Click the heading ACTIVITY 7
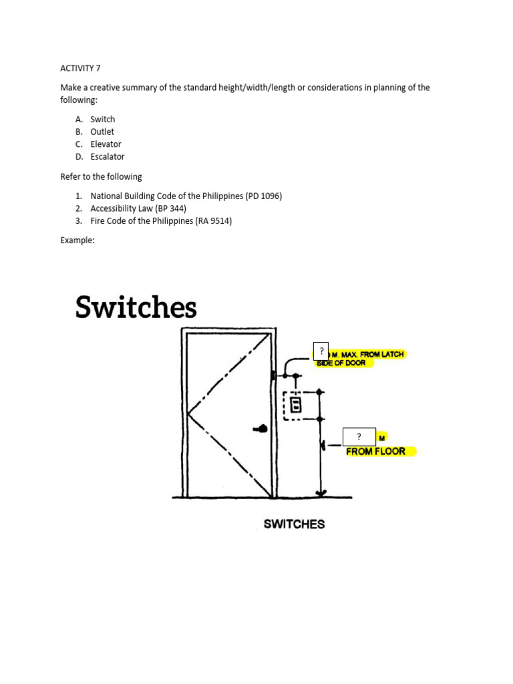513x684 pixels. pos(79,67)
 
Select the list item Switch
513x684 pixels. pos(103,119)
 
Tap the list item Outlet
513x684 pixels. pos(102,132)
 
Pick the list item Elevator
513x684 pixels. pos(106,144)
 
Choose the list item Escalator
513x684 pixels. pos(108,156)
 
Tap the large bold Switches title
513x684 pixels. pos(136,308)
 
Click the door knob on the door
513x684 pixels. pos(261,429)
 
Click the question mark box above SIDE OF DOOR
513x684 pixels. pos(321,351)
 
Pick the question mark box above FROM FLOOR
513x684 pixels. pos(359,437)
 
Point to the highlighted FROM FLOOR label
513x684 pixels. pos(375,452)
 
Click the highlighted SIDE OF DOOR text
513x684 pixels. pos(341,363)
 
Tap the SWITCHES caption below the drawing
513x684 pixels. pos(294,524)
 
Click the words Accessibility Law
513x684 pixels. pos(122,208)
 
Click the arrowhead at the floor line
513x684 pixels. pos(321,494)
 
